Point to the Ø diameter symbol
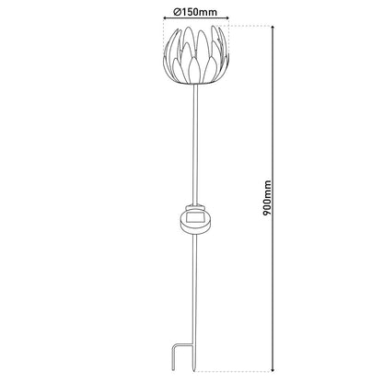[x=175, y=12]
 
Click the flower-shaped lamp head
[x=195, y=53]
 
